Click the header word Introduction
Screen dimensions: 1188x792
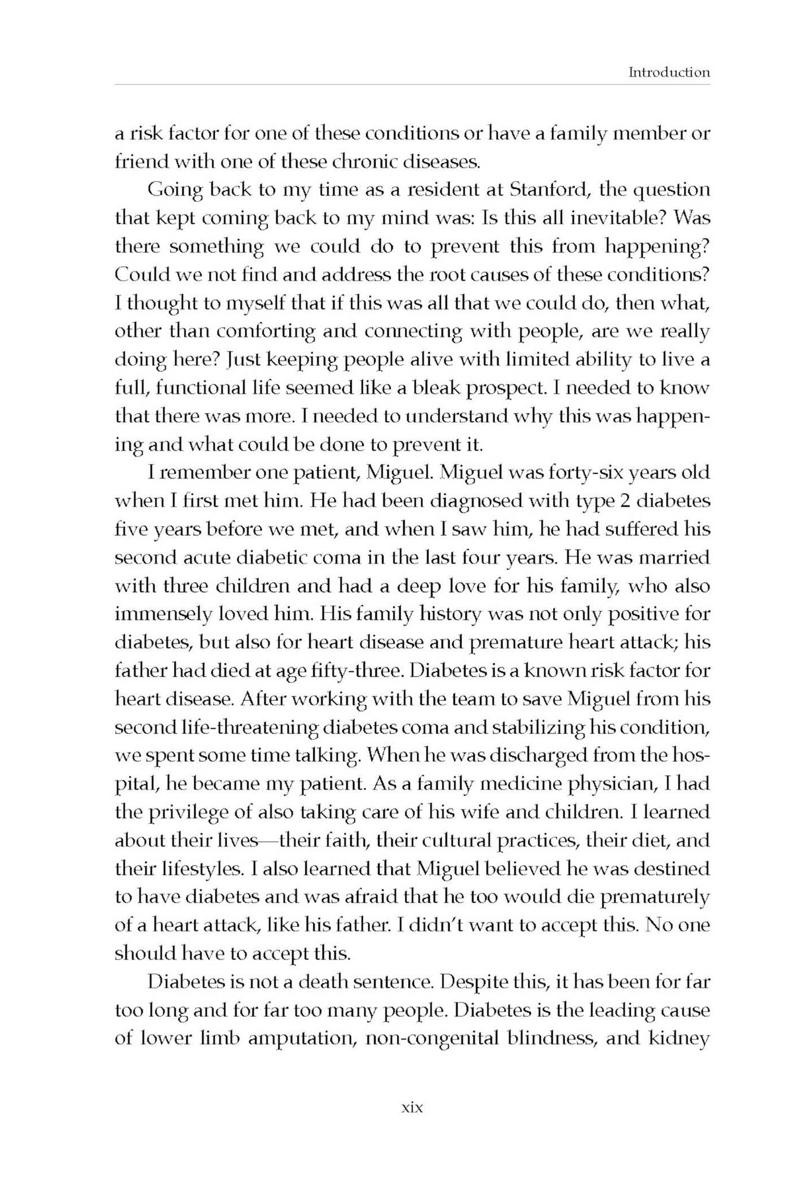pyautogui.click(x=669, y=72)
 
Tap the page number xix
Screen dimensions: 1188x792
pyautogui.click(x=412, y=1107)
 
